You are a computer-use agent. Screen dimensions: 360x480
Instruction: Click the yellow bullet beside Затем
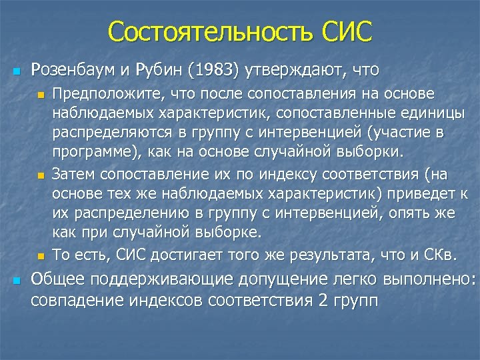pos(40,176)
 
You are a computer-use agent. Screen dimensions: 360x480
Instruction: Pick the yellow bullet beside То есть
pos(40,256)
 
